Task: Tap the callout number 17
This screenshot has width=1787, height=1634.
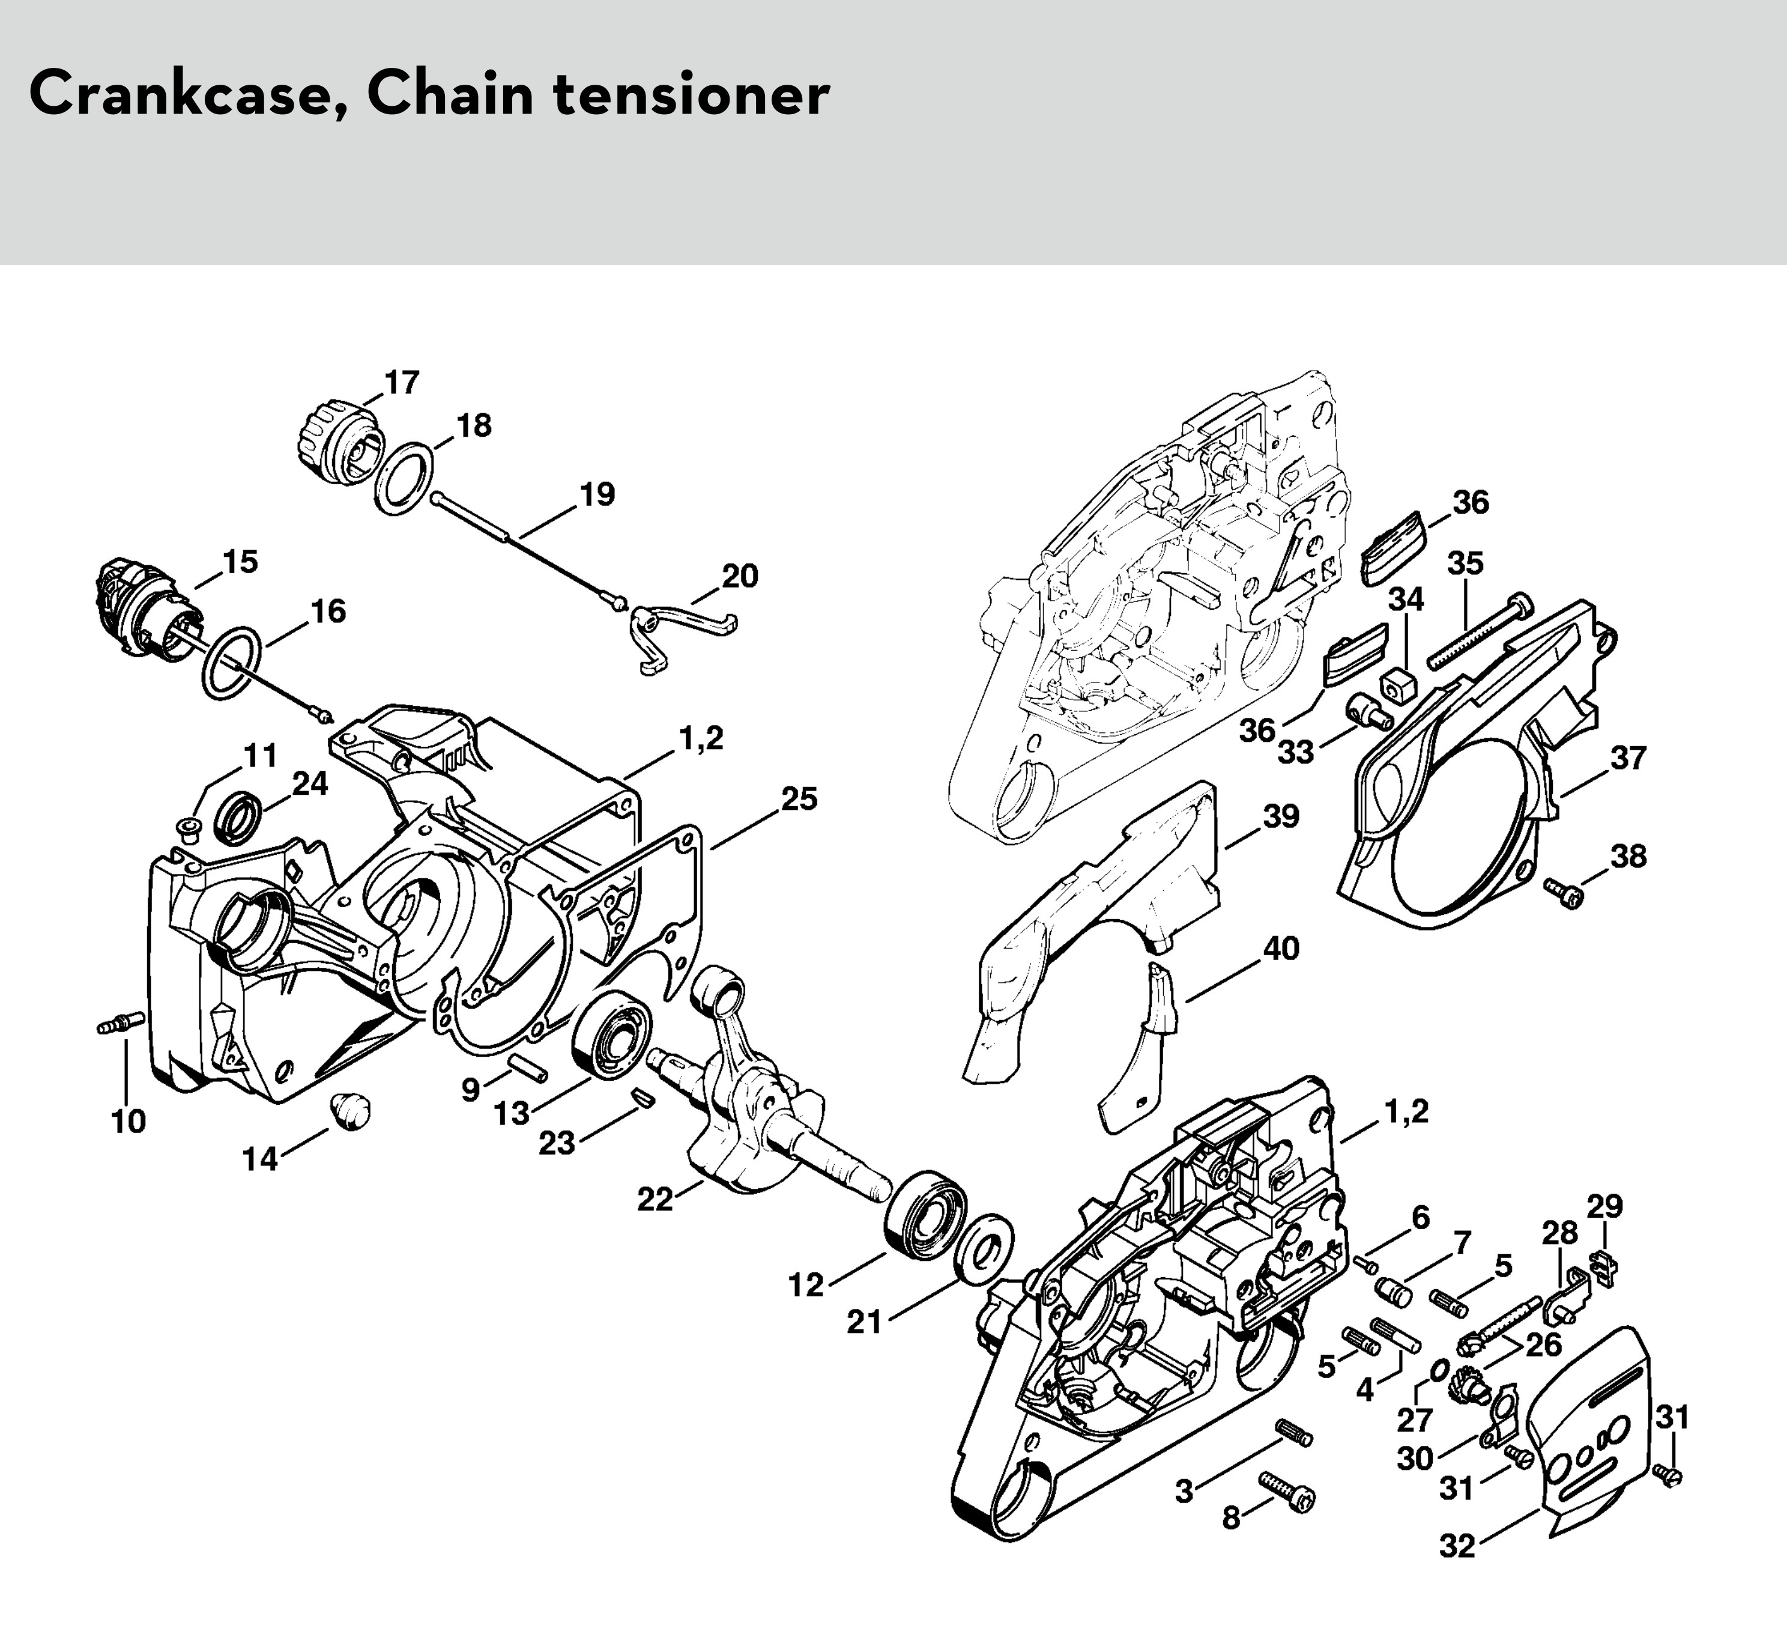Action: pos(402,383)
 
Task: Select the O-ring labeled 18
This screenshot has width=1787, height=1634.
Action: pos(404,479)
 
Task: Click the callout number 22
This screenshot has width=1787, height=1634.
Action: pos(655,1200)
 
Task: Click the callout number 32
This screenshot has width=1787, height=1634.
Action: pos(1457,1546)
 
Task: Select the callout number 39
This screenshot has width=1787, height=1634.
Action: pos(1281,816)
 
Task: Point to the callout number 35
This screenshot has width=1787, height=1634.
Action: pos(1465,563)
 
